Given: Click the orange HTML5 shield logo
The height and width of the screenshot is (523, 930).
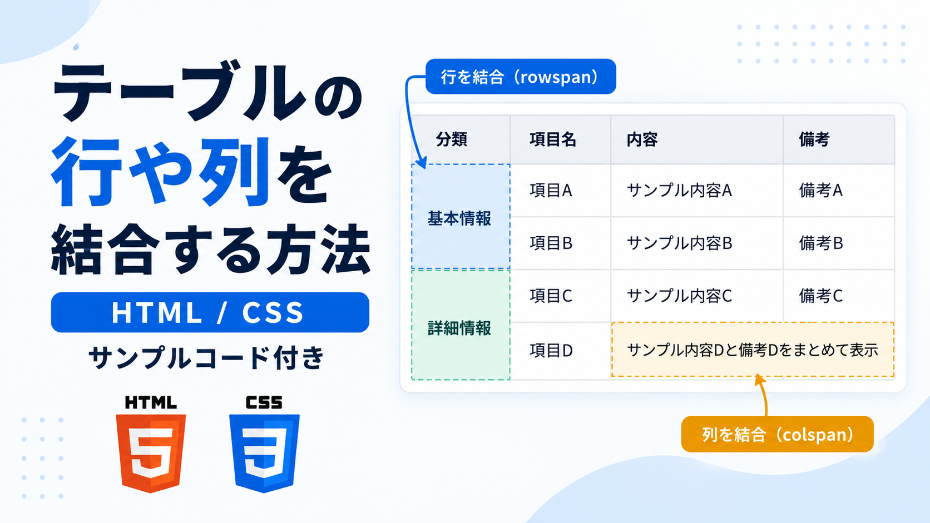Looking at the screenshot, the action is click(151, 453).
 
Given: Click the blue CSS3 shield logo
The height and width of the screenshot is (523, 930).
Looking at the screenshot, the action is click(264, 453).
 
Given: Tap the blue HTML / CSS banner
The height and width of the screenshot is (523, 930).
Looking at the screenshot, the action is click(210, 312).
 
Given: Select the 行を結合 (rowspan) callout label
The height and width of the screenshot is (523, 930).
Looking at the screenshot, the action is click(521, 77).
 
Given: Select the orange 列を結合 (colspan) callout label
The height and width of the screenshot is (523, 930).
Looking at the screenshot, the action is click(778, 434).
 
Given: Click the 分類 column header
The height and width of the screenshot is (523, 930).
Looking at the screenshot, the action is click(452, 140).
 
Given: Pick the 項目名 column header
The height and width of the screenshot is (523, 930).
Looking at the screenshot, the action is click(552, 140).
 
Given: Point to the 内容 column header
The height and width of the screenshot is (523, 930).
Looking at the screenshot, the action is click(642, 140).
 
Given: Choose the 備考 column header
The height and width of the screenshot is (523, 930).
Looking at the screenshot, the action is click(814, 140).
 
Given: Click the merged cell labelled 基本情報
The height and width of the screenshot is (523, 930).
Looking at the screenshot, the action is click(461, 217).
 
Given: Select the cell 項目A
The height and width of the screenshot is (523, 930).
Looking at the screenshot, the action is click(551, 191).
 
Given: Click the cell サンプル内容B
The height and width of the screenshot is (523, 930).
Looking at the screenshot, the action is click(679, 243).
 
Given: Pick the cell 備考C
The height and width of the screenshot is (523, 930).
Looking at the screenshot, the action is click(821, 296).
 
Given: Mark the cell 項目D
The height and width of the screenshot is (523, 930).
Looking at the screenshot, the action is click(551, 351).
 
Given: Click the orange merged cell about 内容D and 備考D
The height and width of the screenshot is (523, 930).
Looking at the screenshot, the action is click(753, 350).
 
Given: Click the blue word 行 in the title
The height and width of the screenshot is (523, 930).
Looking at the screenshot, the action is click(87, 172).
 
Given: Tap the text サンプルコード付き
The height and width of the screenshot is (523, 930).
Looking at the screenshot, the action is click(206, 357).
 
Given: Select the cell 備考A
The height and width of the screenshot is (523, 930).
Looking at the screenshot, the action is click(821, 191).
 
